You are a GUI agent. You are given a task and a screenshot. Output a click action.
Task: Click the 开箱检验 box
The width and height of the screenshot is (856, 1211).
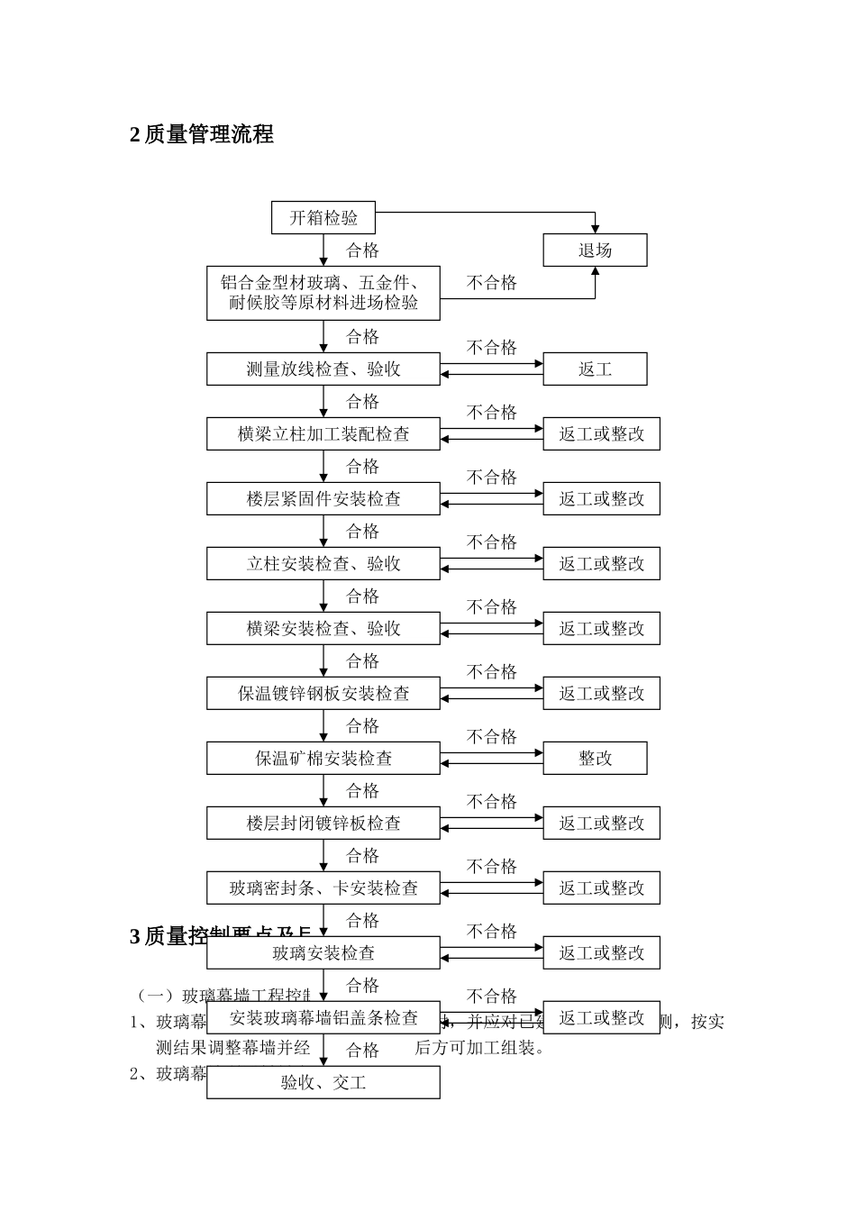(x=323, y=218)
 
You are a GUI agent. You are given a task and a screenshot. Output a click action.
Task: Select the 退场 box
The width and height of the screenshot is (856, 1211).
(x=595, y=250)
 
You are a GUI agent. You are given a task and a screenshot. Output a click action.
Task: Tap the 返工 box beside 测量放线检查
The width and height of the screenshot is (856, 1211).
(x=595, y=369)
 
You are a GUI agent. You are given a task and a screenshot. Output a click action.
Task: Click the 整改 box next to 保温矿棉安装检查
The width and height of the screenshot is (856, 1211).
(x=595, y=759)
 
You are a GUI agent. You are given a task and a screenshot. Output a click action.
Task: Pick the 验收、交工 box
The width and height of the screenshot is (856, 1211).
(x=323, y=1083)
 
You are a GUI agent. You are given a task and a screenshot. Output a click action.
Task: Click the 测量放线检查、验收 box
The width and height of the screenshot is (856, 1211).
(x=323, y=369)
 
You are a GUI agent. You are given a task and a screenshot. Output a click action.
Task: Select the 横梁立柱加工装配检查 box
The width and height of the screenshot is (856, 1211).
(x=323, y=434)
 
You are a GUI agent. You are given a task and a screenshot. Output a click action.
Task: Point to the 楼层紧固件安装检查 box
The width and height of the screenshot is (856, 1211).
(x=323, y=499)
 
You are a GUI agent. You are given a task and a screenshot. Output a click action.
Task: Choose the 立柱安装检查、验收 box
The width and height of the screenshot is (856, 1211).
(x=323, y=564)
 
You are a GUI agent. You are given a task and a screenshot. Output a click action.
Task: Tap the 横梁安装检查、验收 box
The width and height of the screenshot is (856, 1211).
(x=323, y=629)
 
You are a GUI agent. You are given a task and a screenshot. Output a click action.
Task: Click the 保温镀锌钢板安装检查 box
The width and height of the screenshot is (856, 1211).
(x=323, y=694)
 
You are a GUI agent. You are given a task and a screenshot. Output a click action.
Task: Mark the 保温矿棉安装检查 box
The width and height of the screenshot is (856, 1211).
(x=323, y=759)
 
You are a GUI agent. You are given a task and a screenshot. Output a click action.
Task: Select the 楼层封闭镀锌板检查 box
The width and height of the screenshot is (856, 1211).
(x=323, y=824)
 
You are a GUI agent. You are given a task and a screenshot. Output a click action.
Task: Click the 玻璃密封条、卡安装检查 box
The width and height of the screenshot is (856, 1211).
(x=323, y=888)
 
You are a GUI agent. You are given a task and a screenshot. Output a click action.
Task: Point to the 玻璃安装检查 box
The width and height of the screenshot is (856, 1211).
(x=323, y=953)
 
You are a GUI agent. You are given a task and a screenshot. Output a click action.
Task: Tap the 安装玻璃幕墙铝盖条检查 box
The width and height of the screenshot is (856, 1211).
(x=323, y=1018)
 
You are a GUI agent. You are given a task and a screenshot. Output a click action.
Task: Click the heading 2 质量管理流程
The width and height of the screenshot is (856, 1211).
(x=202, y=135)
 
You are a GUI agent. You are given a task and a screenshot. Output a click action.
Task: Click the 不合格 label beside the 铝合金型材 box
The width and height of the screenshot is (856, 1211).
(x=492, y=283)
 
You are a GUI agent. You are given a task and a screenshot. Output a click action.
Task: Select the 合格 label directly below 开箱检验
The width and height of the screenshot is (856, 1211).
(x=363, y=250)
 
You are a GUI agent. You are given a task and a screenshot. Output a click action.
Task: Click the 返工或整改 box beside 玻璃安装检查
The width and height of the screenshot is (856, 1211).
(x=601, y=953)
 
